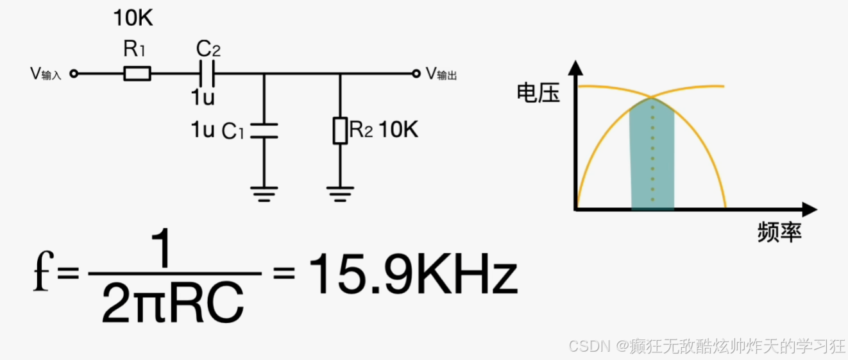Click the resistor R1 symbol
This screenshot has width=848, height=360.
(137, 74)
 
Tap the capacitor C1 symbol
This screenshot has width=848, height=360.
(263, 130)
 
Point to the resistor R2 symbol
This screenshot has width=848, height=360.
(340, 130)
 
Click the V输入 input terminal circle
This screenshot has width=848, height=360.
(74, 74)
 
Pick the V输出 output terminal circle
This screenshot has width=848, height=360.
(417, 74)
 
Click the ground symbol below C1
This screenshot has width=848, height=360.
(263, 193)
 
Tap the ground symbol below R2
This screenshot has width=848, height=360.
(340, 193)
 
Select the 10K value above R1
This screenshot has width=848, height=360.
(133, 19)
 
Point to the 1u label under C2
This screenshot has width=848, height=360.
(203, 98)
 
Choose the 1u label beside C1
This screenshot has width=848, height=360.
(203, 130)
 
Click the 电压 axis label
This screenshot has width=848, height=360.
(538, 94)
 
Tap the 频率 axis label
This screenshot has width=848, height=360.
(779, 232)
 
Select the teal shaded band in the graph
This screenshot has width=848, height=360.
(652, 160)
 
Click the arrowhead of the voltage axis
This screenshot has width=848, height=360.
(576, 66)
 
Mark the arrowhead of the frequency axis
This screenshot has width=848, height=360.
(810, 210)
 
